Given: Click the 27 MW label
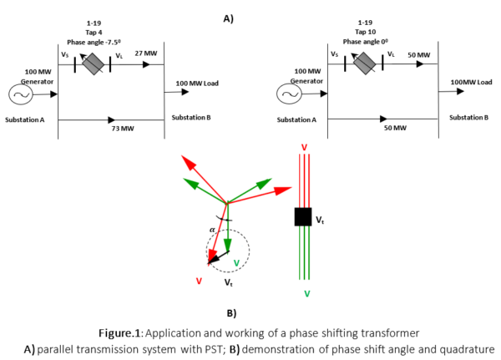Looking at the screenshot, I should click(x=145, y=53).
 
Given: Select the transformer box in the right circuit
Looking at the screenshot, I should click(x=365, y=62).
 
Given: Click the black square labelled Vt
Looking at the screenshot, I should click(x=303, y=216).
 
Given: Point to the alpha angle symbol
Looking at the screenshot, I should click(x=212, y=227).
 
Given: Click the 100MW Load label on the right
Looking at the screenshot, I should click(x=471, y=83).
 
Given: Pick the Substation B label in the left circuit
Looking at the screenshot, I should click(x=191, y=117).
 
